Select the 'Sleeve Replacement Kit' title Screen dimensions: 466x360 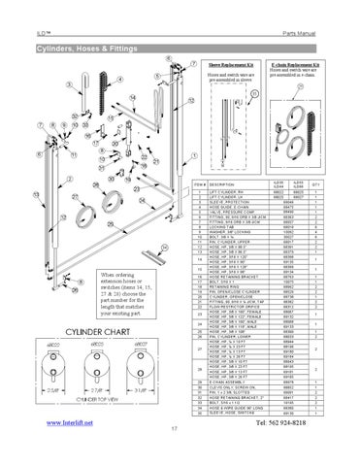pos(226,65)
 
